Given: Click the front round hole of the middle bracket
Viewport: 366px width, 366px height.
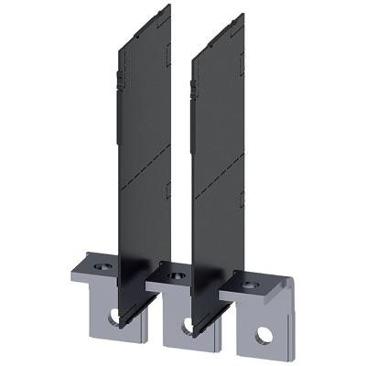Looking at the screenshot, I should pyautogui.click(x=188, y=323).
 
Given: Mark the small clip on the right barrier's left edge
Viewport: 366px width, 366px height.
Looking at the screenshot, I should pyautogui.click(x=193, y=86).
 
